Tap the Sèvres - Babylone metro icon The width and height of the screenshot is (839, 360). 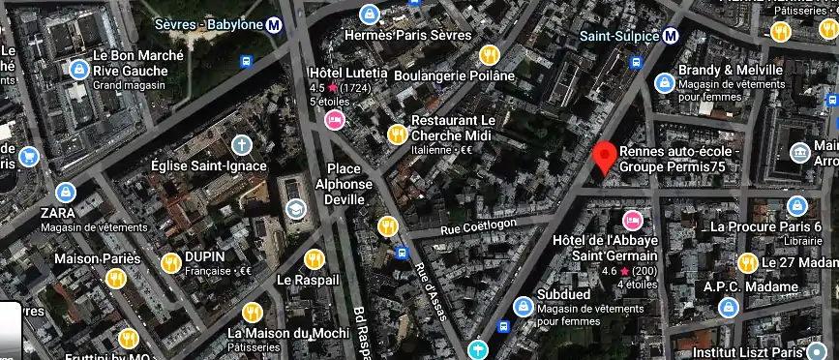click(x=275, y=26)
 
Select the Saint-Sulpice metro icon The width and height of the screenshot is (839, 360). click(x=670, y=36)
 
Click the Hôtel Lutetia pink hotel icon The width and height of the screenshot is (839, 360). click(x=335, y=119)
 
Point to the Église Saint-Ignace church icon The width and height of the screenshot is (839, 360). click(x=241, y=145)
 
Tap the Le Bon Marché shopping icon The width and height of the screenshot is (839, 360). click(x=77, y=70)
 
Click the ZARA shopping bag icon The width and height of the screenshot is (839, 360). click(x=65, y=192)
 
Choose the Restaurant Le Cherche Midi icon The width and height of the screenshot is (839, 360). click(x=397, y=135)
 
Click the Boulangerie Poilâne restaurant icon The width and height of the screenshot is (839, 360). click(x=490, y=54)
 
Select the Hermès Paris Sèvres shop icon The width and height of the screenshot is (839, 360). click(x=369, y=14)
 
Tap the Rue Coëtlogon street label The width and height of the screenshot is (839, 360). click(x=480, y=226)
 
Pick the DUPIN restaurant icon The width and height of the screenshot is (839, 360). click(x=171, y=261)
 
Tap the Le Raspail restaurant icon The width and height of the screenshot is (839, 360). click(x=314, y=259)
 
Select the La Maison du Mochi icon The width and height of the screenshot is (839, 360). click(x=253, y=312)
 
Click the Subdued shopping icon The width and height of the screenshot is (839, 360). click(x=523, y=306)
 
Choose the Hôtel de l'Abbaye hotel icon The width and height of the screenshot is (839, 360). click(x=634, y=219)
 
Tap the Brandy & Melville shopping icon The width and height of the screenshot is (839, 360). click(x=664, y=83)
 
